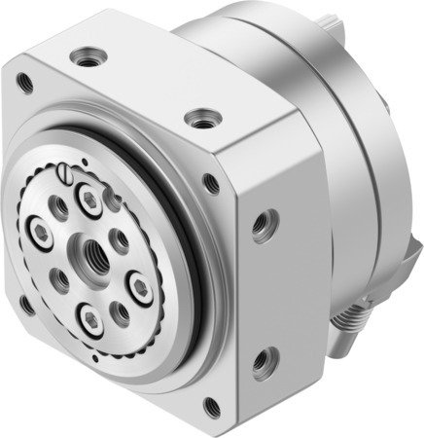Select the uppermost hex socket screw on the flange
point(92,201)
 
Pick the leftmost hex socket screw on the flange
point(44,237)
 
